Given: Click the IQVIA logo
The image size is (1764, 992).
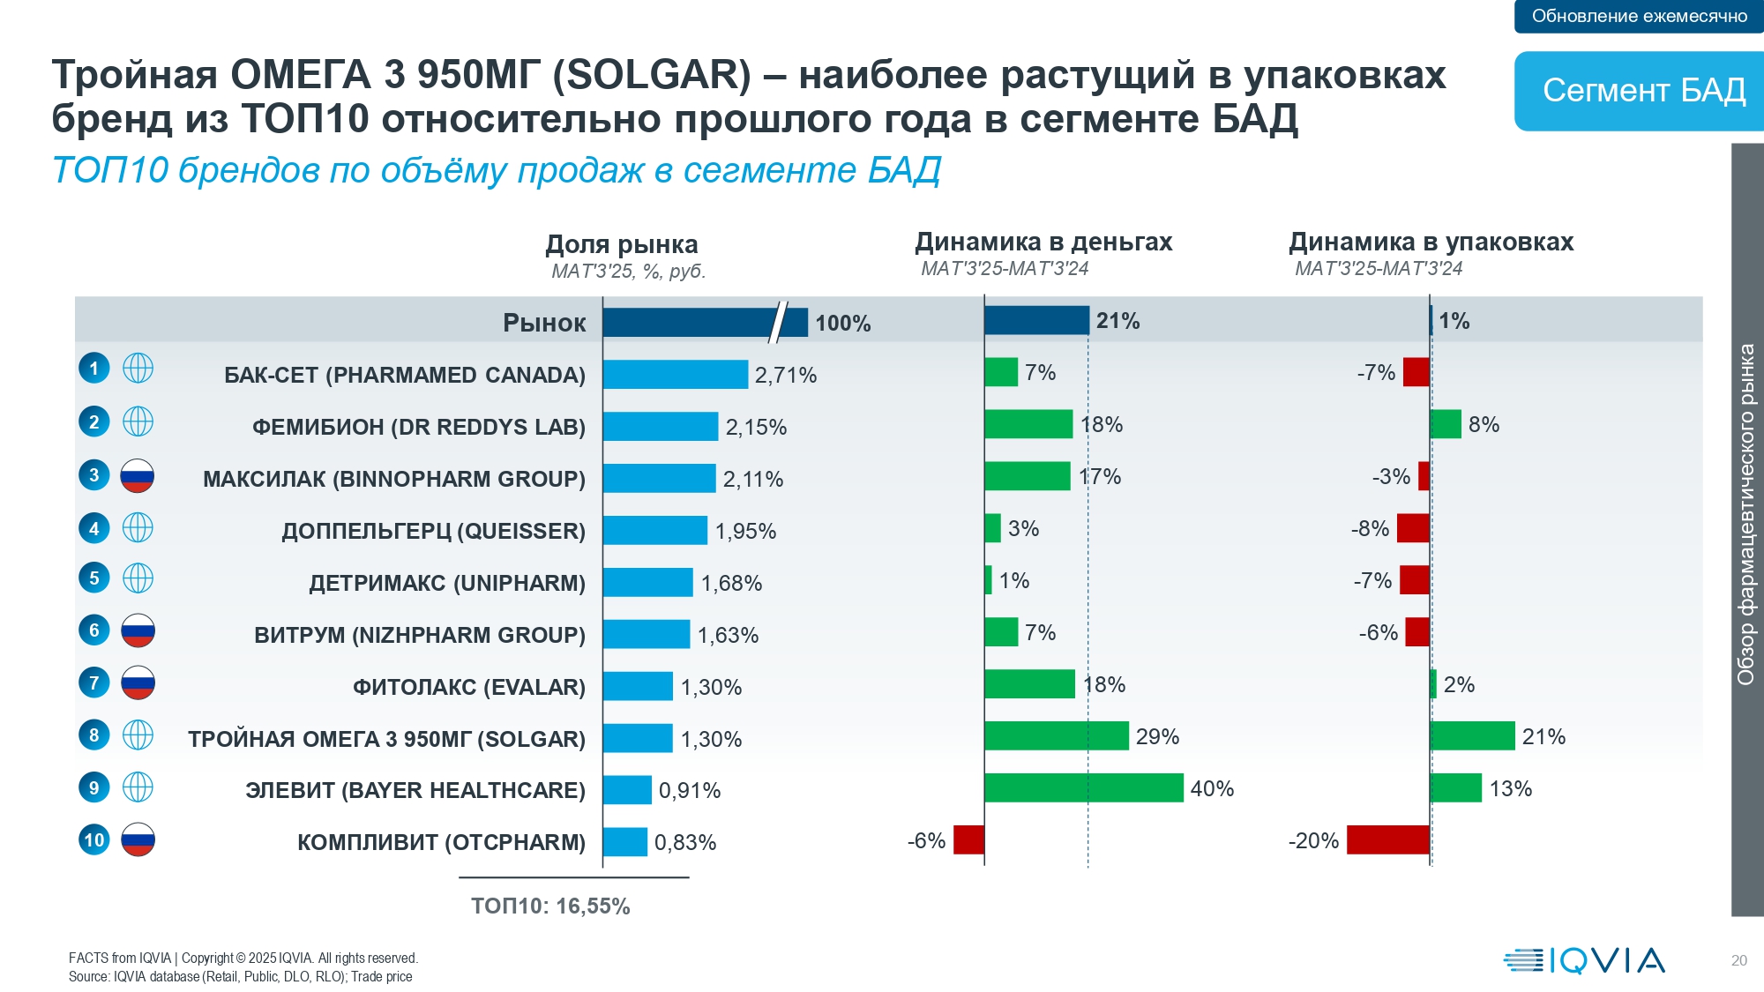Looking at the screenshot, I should click(x=1584, y=960).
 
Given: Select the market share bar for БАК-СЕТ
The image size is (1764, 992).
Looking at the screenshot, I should click(x=676, y=375).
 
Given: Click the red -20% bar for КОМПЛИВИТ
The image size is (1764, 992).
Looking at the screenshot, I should click(x=1387, y=840).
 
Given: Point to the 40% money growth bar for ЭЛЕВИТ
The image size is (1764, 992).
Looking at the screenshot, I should click(x=1083, y=788).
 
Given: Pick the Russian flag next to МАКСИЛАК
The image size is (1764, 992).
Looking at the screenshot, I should click(x=138, y=476).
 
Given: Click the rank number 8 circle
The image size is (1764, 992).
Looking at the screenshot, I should click(x=94, y=735).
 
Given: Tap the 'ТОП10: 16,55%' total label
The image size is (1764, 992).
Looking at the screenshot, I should click(x=550, y=906).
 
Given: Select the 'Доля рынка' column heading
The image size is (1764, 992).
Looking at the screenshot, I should click(x=621, y=244).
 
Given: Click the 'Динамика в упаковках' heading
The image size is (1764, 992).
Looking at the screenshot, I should click(x=1431, y=242).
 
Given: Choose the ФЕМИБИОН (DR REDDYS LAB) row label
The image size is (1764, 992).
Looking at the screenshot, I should click(x=418, y=427).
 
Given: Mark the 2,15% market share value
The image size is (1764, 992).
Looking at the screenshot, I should click(x=756, y=428).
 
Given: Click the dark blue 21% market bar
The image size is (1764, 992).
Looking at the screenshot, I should click(x=1036, y=321).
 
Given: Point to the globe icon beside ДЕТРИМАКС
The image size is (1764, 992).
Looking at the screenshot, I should click(x=138, y=578).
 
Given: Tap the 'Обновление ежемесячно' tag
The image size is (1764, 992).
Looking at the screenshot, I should click(x=1639, y=16).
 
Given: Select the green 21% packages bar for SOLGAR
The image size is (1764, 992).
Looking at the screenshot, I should click(x=1472, y=736).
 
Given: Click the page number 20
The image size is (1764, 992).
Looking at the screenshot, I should click(x=1738, y=961).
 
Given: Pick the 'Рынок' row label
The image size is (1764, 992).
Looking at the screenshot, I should click(x=544, y=323).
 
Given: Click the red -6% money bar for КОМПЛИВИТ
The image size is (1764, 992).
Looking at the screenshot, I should click(x=968, y=840).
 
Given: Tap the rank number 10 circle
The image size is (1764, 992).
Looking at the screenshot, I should click(x=94, y=839).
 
